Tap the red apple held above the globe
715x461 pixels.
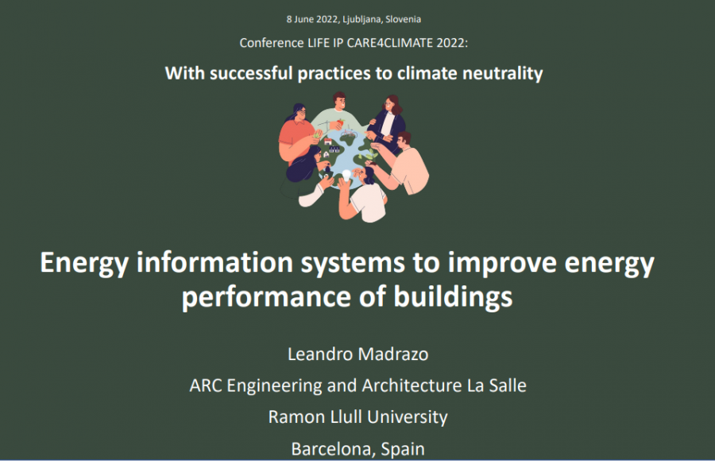click(x=340, y=123)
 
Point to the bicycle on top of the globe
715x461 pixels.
click(x=349, y=133)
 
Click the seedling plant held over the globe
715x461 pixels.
click(x=370, y=154)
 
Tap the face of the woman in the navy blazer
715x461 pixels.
click(x=389, y=105)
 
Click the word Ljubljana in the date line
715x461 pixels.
click(x=362, y=19)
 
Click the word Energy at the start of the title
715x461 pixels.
click(x=84, y=263)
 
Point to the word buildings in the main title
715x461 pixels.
click(x=453, y=296)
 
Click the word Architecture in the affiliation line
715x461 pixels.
click(x=412, y=385)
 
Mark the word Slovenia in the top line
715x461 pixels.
click(x=403, y=19)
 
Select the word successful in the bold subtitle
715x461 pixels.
click(x=251, y=73)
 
